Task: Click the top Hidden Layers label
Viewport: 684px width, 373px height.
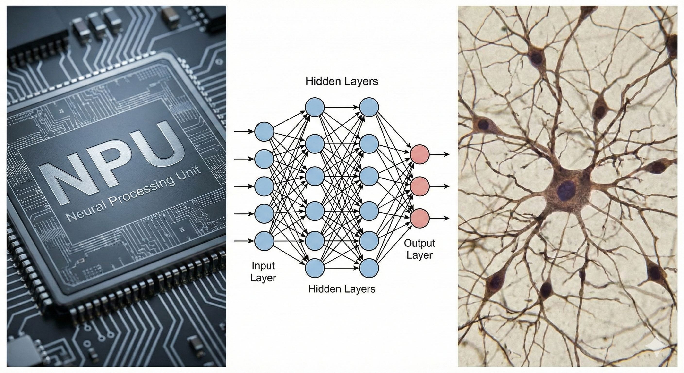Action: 342,81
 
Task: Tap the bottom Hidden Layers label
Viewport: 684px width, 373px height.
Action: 342,289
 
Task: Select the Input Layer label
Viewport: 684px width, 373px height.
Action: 263,271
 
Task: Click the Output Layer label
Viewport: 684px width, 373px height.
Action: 419,249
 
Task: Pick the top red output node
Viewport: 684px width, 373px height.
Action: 419,154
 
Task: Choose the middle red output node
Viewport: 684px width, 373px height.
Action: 419,186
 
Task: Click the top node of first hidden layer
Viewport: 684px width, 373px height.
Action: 315,107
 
